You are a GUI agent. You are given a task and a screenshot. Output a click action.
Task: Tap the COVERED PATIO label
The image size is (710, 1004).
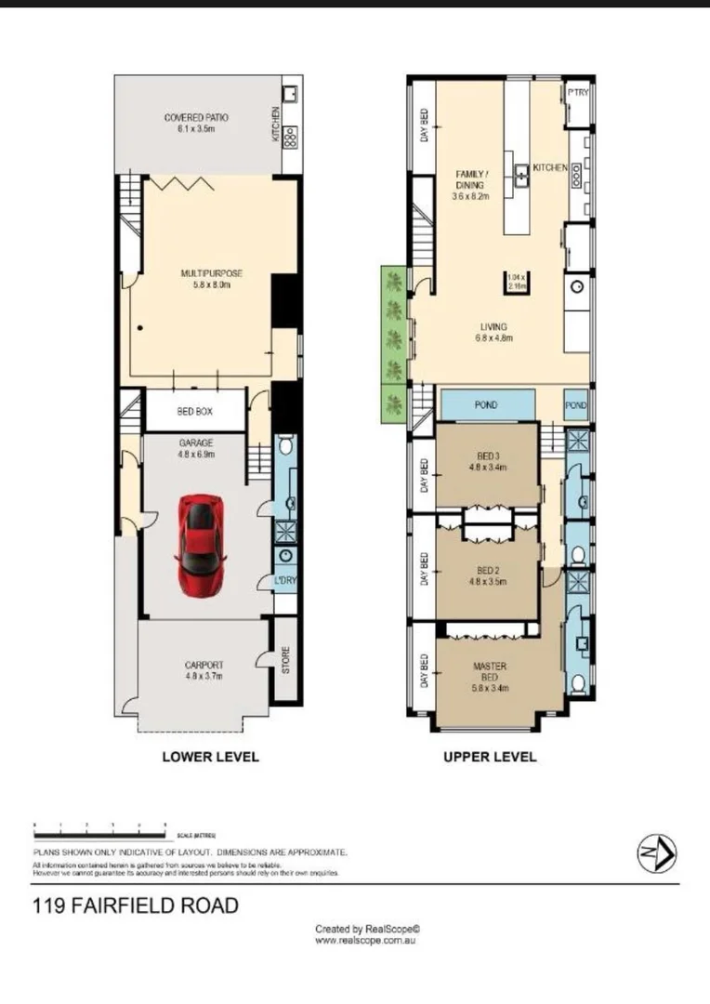(196, 124)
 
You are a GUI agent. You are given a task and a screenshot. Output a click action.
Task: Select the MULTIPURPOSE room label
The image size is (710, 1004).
(211, 279)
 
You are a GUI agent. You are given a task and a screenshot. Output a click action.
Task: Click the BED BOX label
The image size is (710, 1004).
(196, 409)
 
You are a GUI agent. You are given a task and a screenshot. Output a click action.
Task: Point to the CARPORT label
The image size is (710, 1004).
(203, 670)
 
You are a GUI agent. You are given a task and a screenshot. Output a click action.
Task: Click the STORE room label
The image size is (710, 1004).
(286, 660)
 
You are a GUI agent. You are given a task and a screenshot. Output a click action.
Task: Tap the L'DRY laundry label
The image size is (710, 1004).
(285, 581)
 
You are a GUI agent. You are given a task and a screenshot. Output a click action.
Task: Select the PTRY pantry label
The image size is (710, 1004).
(578, 93)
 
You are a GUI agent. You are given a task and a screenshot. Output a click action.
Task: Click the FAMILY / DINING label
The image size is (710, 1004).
(469, 185)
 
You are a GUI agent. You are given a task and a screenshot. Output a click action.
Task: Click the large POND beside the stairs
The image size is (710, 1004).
(487, 405)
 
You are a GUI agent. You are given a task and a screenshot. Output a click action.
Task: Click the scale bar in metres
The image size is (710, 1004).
(99, 826)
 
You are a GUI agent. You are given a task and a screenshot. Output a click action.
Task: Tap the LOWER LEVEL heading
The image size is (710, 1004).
(210, 757)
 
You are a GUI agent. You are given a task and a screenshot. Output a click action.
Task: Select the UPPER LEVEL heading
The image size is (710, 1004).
(490, 757)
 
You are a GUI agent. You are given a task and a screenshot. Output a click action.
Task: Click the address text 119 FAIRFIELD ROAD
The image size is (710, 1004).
(136, 905)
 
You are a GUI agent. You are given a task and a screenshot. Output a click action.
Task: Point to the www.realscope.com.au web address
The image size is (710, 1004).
(364, 940)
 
